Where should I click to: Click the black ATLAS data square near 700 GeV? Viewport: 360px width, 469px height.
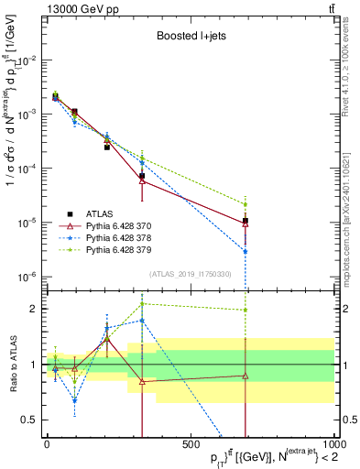245,221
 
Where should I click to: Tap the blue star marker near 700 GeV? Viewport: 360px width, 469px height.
245,251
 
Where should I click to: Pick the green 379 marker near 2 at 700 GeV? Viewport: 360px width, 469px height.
245,310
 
